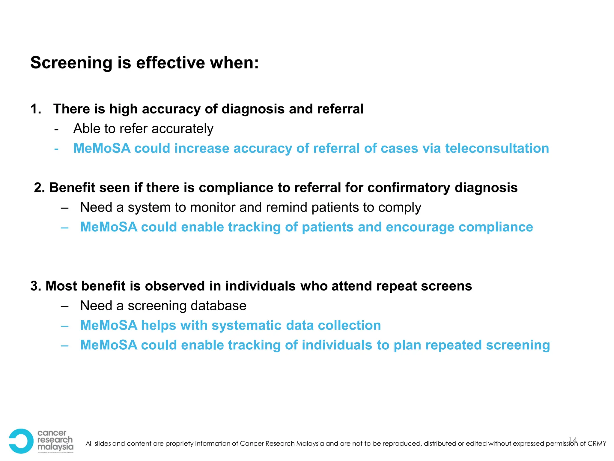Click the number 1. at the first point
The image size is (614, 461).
(x=36, y=109)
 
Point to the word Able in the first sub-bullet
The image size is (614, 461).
(x=83, y=129)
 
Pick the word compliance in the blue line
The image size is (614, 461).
(x=496, y=227)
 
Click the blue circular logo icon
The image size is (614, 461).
(x=20, y=441)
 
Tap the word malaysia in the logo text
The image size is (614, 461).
(x=55, y=447)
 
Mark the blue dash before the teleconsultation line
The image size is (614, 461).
(x=56, y=149)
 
